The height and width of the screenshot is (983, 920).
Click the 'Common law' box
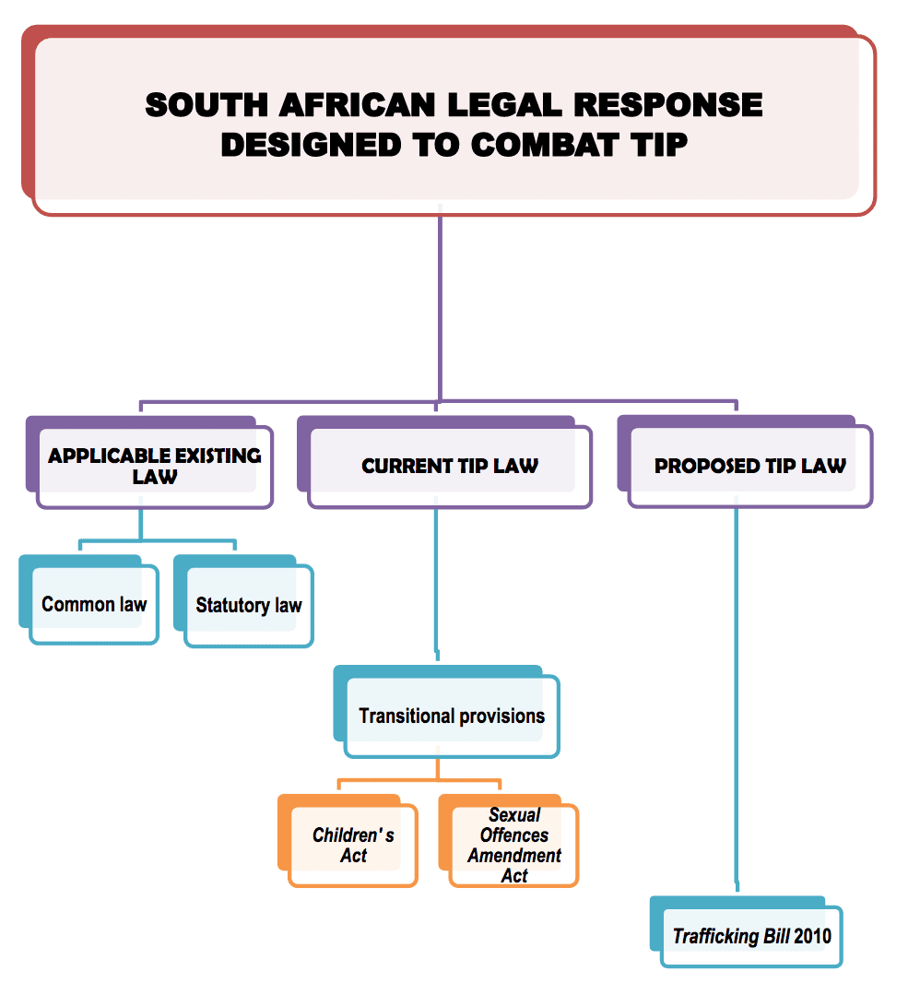[94, 605]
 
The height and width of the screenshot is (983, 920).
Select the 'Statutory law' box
[249, 606]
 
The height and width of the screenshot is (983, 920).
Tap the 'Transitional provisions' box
[452, 716]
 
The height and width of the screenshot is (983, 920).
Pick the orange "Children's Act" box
[353, 846]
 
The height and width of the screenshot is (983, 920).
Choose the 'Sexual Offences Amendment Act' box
[514, 846]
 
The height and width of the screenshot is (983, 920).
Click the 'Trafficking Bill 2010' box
[751, 936]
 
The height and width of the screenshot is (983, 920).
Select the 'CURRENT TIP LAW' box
[449, 466]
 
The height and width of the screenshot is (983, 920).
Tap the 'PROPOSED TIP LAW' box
[749, 466]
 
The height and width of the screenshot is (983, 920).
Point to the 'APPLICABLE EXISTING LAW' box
[154, 466]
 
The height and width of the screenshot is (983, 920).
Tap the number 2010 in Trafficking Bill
[812, 937]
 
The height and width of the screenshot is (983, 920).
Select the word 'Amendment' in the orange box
[514, 856]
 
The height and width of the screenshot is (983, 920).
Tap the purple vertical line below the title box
[440, 304]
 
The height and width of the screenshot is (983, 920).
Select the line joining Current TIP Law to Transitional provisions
[436, 581]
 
